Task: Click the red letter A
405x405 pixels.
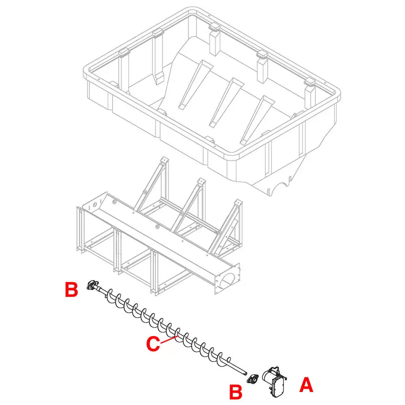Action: click(306, 385)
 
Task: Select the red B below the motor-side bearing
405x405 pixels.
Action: click(236, 392)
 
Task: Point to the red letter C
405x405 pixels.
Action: click(153, 344)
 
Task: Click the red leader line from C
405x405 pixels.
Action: click(168, 339)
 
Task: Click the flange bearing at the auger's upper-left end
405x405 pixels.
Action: click(92, 285)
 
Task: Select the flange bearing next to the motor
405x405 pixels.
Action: click(254, 379)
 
